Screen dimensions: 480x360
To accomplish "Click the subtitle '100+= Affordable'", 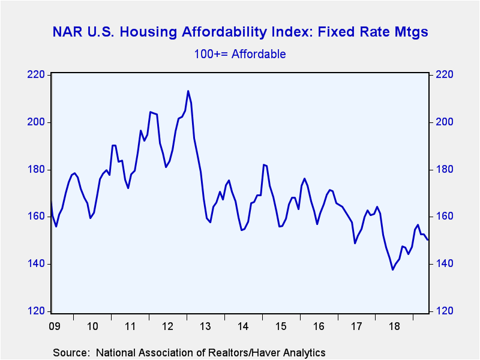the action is (x=240, y=54).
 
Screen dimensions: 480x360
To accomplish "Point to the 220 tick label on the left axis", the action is (x=36, y=74).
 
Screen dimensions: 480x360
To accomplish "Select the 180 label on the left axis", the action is (x=36, y=169).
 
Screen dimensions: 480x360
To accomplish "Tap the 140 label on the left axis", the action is (x=36, y=263).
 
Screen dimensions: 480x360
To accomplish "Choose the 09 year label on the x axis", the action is (x=55, y=326).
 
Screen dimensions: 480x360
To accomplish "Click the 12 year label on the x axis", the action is (x=168, y=326).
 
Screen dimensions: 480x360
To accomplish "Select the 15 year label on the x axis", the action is (x=281, y=326).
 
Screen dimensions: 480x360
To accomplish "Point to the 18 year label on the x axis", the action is (x=394, y=326).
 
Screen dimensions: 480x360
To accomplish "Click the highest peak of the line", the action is (x=188, y=91).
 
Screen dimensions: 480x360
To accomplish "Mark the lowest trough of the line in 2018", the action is (x=392, y=269).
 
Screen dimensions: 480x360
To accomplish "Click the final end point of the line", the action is (x=428, y=239).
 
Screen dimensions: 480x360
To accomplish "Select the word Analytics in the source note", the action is (x=310, y=353).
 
